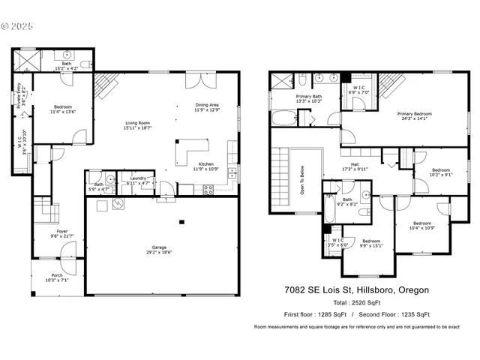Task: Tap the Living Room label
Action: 137,126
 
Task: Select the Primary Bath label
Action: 308,98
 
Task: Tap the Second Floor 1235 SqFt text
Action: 397,314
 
